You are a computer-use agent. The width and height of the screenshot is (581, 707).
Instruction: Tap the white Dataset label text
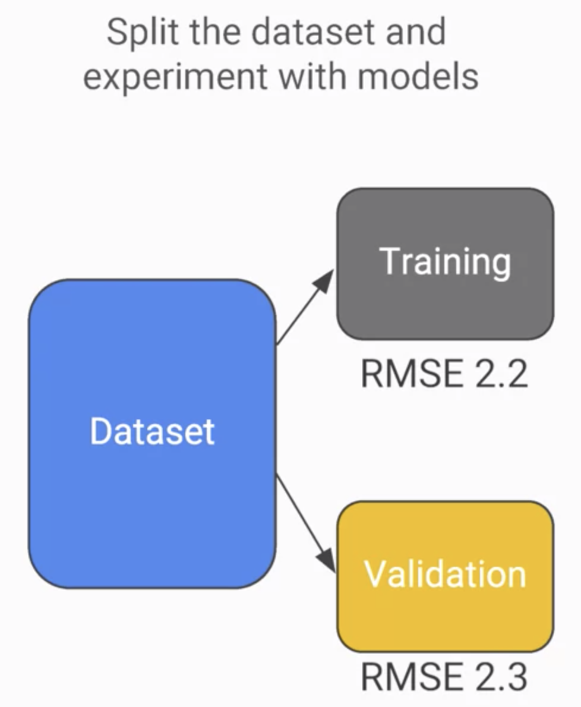click(x=152, y=431)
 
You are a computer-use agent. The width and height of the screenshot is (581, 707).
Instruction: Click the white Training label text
click(x=445, y=262)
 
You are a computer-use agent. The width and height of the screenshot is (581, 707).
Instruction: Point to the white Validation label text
click(x=445, y=575)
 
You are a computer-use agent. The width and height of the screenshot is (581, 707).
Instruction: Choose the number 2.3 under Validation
click(x=500, y=677)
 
